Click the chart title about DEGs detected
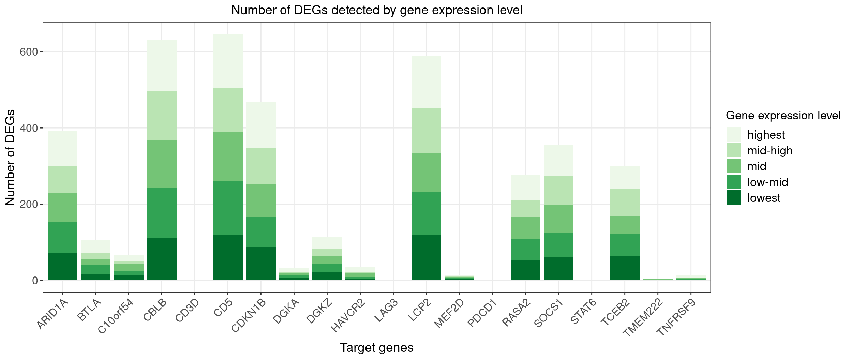pyautogui.click(x=376, y=10)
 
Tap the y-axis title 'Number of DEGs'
pyautogui.click(x=10, y=157)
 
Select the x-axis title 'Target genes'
pyautogui.click(x=376, y=347)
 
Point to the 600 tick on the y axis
pyautogui.click(x=29, y=52)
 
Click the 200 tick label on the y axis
pyautogui.click(x=29, y=204)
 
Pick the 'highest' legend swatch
pyautogui.click(x=733, y=135)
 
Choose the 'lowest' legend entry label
pyautogui.click(x=763, y=198)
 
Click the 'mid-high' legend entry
pyautogui.click(x=770, y=151)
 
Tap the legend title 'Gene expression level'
pyautogui.click(x=783, y=116)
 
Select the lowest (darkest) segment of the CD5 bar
pyautogui.click(x=228, y=257)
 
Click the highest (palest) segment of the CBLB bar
pyautogui.click(x=162, y=65)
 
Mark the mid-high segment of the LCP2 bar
pyautogui.click(x=426, y=131)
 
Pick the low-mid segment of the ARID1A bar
pyautogui.click(x=62, y=237)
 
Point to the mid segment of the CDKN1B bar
pyautogui.click(x=261, y=200)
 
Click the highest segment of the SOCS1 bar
pyautogui.click(x=558, y=160)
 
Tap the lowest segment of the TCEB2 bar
pyautogui.click(x=625, y=268)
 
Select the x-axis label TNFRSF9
pyautogui.click(x=675, y=317)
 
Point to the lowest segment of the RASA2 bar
pyautogui.click(x=525, y=270)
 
